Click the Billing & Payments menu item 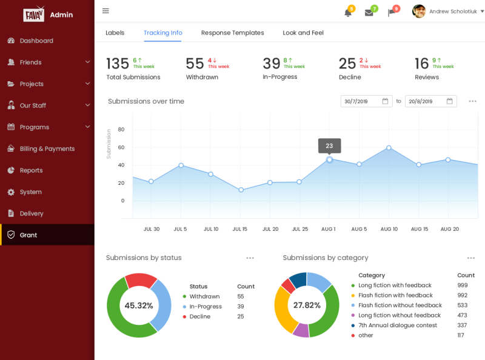(x=47, y=148)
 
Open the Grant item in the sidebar (x=28, y=235)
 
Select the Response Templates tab (x=232, y=33)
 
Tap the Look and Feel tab (x=303, y=33)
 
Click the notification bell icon (x=348, y=12)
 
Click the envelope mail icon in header (x=369, y=12)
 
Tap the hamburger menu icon (x=105, y=11)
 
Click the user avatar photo (x=419, y=11)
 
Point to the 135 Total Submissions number (x=118, y=64)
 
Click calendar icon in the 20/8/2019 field (x=449, y=101)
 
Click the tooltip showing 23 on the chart (x=329, y=145)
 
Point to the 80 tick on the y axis (x=121, y=129)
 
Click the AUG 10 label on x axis (x=389, y=229)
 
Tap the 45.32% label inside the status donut (x=139, y=305)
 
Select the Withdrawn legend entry (x=204, y=296)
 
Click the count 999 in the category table (x=462, y=285)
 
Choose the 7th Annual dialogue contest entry (x=397, y=325)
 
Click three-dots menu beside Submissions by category (x=470, y=258)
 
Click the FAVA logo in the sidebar (x=33, y=15)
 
